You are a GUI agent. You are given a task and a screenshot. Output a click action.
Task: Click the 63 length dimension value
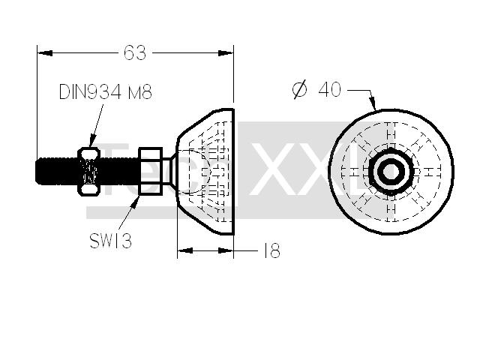point(135,52)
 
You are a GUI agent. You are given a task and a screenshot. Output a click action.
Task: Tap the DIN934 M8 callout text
point(105,91)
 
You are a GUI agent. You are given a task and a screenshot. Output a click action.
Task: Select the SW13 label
point(110,241)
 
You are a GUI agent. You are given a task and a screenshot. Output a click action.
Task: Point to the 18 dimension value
point(271,250)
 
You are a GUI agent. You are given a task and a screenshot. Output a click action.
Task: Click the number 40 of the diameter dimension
point(330,89)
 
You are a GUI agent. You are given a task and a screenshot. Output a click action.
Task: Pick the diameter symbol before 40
point(299,89)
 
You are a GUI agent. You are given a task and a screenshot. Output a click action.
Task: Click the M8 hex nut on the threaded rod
point(89,171)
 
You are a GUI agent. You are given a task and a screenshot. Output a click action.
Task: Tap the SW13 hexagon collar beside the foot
point(150,171)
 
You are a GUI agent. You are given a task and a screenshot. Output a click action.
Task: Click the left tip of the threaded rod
point(36,171)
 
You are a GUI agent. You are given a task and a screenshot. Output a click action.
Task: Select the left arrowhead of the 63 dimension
point(45,53)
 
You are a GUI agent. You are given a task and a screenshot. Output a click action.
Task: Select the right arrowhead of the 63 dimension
point(226,53)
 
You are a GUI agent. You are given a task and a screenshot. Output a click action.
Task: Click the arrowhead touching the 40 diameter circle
point(373,104)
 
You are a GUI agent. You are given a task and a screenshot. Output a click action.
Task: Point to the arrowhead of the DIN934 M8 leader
point(93,141)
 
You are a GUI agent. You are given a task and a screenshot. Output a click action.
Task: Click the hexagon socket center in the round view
point(391,172)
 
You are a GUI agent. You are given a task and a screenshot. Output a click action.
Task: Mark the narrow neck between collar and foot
point(166,171)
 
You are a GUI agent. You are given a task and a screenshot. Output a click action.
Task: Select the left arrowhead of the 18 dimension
point(185,250)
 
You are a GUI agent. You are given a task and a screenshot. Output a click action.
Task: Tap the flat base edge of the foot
point(234,172)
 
